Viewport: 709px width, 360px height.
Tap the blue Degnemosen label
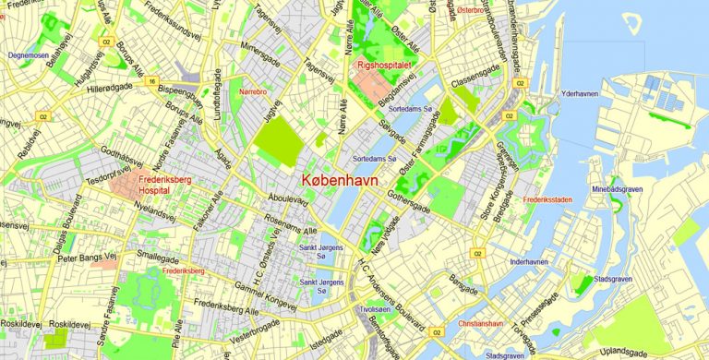28,55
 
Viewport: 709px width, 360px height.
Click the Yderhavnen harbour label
582,93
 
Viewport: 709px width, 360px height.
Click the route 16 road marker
150,81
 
